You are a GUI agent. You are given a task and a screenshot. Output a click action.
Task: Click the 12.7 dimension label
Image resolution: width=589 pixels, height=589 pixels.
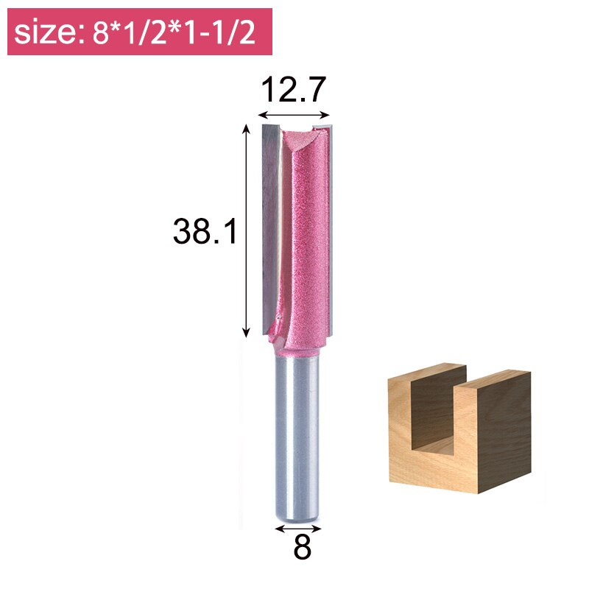tap(293, 91)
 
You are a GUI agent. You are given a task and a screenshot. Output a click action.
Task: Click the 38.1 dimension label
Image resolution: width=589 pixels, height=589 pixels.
tap(205, 233)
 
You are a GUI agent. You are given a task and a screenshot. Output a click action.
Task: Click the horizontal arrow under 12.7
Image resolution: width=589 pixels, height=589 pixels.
tap(293, 115)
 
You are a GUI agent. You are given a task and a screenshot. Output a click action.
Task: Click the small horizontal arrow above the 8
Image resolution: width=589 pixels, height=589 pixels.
tap(298, 528)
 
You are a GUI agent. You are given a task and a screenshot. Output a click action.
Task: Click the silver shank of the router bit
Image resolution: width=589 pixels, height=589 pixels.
tap(298, 434)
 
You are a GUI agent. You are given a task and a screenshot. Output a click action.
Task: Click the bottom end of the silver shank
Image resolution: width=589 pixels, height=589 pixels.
tap(298, 515)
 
